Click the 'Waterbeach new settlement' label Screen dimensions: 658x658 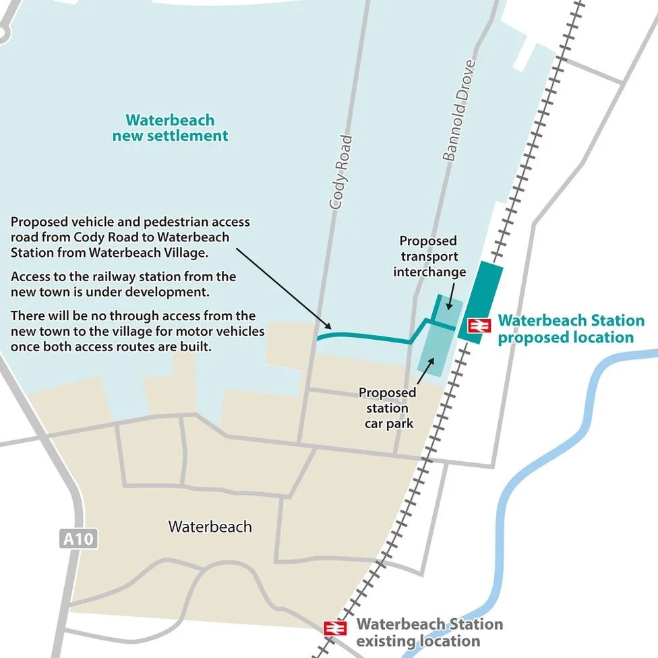coord(170,128)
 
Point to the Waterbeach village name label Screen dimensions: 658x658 coord(210,527)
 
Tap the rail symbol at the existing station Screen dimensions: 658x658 coord(335,628)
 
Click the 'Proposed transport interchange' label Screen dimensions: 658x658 coord(429,257)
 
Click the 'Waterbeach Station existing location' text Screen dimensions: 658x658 coord(429,632)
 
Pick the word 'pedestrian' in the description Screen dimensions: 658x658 coord(158,222)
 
